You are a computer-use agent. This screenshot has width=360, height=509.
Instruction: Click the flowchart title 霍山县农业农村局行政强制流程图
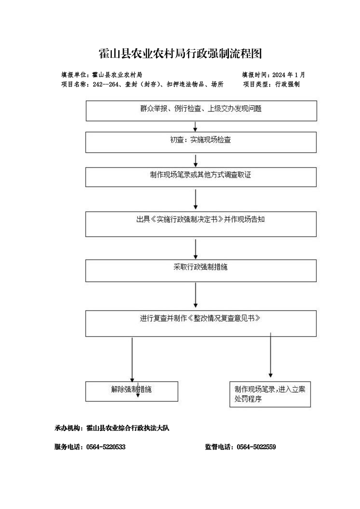180,54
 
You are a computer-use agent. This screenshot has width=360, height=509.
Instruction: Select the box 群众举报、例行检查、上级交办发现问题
201,111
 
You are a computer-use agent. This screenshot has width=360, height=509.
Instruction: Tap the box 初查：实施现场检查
201,142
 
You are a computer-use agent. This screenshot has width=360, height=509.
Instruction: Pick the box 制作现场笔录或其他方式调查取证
201,177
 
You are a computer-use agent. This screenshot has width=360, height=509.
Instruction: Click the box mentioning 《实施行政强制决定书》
201,224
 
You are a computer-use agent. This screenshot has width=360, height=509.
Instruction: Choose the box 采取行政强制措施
201,270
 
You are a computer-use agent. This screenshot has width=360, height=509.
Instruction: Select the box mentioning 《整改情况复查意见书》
201,323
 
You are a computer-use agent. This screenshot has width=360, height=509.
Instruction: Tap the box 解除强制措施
132,391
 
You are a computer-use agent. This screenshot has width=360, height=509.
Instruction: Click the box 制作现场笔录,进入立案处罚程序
270,394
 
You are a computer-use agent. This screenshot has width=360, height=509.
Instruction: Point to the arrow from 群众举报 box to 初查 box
195,126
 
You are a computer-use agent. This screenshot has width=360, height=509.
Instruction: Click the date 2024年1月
289,75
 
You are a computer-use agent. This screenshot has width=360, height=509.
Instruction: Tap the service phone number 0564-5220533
106,447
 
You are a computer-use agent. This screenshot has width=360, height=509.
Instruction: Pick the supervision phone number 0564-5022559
256,447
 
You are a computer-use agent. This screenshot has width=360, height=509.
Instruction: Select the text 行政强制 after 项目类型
287,84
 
